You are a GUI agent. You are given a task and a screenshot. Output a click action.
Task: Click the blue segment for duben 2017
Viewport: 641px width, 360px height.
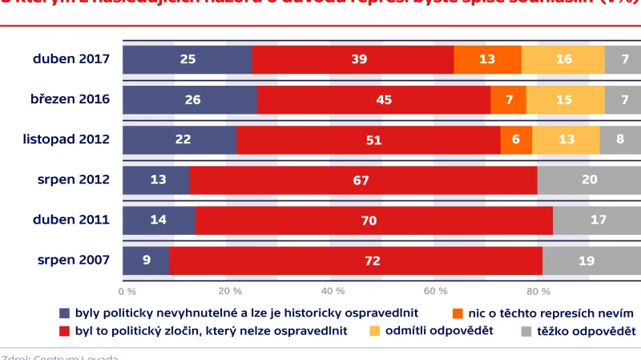[187, 59]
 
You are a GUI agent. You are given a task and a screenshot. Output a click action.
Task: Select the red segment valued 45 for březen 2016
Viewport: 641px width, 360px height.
[373, 99]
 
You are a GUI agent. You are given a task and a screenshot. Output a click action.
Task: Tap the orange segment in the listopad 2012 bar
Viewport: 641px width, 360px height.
[516, 140]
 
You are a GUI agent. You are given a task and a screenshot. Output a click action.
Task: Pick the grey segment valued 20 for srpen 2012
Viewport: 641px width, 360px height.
[589, 180]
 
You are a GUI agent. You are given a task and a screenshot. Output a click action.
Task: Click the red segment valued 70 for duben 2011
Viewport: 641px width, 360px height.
[373, 220]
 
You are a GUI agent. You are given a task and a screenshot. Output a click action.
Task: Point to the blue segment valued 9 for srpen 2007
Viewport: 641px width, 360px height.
[146, 260]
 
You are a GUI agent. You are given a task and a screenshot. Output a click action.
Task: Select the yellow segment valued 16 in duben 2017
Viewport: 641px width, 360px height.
[563, 59]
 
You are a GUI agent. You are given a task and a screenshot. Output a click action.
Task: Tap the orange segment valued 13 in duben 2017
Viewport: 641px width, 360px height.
[488, 59]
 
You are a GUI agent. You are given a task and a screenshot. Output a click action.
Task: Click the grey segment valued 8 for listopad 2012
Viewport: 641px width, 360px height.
[620, 140]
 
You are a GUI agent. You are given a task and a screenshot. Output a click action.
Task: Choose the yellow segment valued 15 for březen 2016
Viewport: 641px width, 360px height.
[566, 99]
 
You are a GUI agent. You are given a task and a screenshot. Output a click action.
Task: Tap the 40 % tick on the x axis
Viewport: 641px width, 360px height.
[333, 290]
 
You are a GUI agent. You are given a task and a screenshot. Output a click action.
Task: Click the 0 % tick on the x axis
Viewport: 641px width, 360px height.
[127, 290]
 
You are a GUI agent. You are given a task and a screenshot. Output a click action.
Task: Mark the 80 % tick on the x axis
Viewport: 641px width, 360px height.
[538, 290]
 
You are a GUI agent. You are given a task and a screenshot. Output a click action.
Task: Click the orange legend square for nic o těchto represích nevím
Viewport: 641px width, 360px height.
[458, 313]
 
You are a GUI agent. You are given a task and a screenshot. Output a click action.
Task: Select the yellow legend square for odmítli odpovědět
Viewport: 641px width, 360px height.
[374, 331]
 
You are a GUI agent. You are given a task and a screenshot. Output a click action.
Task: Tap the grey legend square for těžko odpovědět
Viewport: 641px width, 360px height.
[526, 331]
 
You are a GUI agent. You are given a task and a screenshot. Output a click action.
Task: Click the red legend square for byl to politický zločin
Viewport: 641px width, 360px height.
[65, 331]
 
